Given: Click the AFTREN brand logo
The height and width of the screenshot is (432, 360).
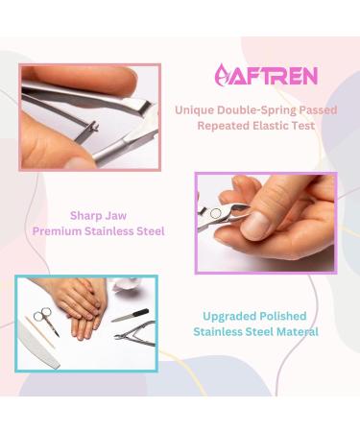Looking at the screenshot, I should coord(254,74).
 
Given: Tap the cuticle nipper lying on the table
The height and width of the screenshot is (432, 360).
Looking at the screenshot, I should coord(134,335).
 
